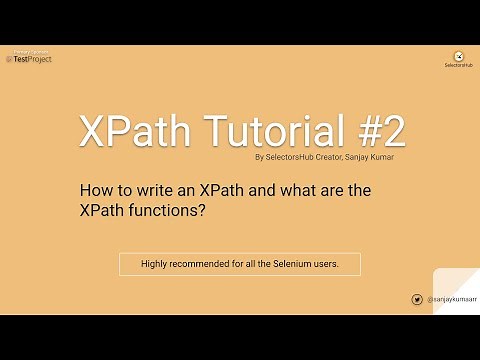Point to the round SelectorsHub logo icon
(458, 56)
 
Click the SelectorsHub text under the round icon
(458, 67)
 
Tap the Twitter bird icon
(416, 299)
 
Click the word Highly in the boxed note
(142, 264)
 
